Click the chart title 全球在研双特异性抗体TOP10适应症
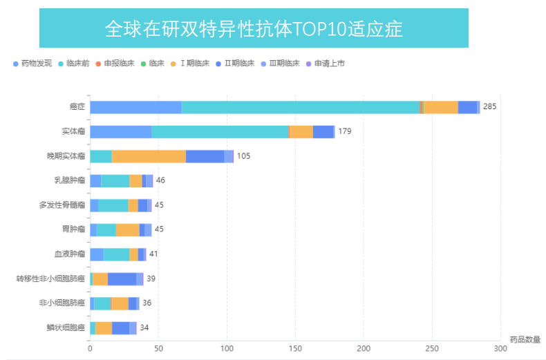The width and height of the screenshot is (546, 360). coord(254,28)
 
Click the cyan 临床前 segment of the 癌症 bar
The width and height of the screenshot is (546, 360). coord(300,107)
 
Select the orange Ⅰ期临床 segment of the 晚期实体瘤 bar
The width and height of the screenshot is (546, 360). coord(149,156)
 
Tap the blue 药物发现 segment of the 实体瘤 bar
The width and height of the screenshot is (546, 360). coord(120,131)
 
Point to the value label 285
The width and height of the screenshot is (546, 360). coord(489,107)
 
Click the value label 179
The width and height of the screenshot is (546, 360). coord(345,131)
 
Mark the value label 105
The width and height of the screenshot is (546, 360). coord(243,156)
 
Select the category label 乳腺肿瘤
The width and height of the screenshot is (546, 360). coord(70,180)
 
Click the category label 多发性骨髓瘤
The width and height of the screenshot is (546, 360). coord(62,205)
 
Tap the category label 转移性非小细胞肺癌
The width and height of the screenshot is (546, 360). coord(51,278)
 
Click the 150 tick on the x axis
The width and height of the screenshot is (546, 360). coord(295,348)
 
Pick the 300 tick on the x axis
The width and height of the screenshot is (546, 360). coord(500,348)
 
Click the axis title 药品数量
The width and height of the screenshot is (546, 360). coord(525,339)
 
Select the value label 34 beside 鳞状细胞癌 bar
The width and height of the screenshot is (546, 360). coord(144,328)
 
